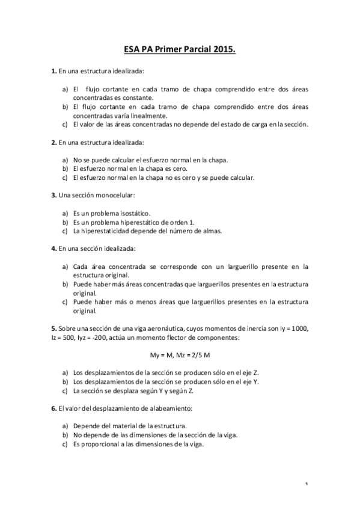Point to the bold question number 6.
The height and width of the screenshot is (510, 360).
[54, 409]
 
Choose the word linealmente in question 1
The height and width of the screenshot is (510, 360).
[147, 115]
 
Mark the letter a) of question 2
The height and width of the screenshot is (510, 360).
[65, 160]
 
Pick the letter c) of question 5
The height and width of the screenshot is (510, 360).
[65, 391]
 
